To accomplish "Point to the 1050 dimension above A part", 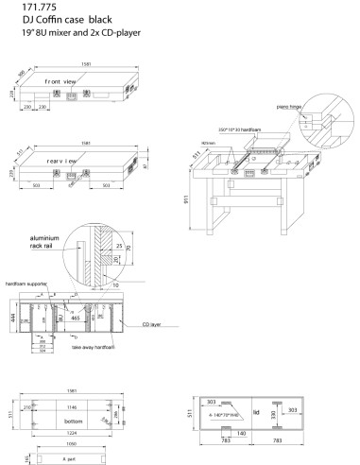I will (72, 443).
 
